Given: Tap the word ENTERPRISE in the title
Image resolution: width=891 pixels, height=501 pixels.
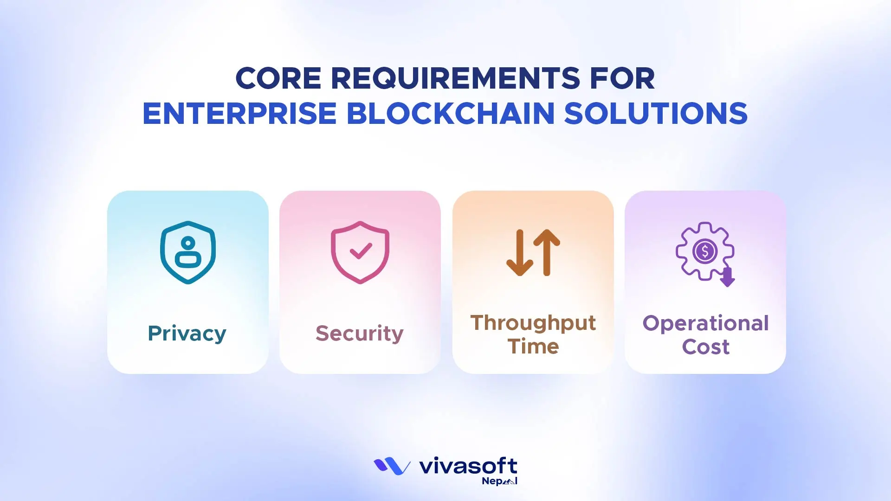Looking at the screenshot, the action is tap(239, 114).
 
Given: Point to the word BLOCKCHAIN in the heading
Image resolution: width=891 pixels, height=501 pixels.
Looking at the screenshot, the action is tap(451, 114).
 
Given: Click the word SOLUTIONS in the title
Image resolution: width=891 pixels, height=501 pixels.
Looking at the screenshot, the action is tap(656, 114).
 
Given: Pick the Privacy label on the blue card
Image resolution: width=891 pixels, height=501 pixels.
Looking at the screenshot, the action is tap(187, 334).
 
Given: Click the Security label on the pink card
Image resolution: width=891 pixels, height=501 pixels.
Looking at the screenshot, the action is tap(360, 334).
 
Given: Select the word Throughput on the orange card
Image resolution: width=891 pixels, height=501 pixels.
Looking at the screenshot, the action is tap(533, 323).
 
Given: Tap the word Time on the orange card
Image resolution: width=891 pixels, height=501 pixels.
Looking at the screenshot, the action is tap(533, 347).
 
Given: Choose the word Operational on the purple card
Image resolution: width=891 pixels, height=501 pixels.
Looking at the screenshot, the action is tap(706, 323).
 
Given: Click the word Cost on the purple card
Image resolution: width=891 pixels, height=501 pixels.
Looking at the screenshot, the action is tap(706, 347).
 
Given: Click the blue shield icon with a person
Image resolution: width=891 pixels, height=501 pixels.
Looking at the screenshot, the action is tap(188, 252).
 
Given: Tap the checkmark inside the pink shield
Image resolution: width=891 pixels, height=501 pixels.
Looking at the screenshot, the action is tap(361, 251).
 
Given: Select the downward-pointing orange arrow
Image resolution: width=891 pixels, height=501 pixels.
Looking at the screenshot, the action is tap(520, 253).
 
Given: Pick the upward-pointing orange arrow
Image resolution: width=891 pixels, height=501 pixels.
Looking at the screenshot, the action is tap(547, 253).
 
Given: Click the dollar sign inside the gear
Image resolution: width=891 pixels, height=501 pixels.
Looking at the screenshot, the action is tap(705, 251).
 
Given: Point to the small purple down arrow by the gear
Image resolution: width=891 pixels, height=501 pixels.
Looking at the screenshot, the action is tap(727, 277).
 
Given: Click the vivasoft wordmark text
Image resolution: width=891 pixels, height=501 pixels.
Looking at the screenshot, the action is tap(468, 466).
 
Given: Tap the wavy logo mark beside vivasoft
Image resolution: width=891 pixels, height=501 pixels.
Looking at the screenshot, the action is tap(392, 466).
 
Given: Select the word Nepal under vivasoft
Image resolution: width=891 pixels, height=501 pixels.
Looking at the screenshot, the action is tap(499, 481).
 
